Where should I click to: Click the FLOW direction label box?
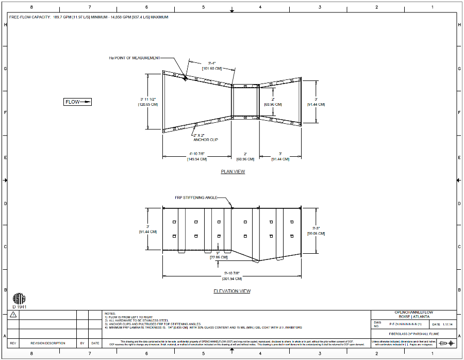pos(78,102)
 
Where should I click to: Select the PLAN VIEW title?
pos(233,172)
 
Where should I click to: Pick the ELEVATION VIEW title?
pos(232,291)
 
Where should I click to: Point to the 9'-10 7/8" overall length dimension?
pos(232,273)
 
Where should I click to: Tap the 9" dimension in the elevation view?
pos(219,252)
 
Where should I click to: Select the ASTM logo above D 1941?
pos(18,299)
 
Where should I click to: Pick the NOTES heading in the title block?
pos(110,313)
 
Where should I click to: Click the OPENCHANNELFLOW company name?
pos(413,313)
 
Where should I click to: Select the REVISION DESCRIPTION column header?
pos(47,343)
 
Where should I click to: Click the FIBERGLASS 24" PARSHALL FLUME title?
pos(413,335)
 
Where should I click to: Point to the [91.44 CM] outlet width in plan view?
pos(316,104)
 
